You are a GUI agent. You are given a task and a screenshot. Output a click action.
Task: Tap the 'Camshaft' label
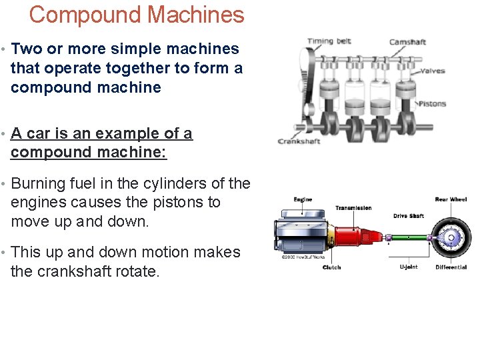[407, 43]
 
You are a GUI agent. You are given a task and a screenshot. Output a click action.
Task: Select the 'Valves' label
[432, 71]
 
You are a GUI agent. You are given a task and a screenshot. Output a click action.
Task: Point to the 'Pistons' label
[431, 103]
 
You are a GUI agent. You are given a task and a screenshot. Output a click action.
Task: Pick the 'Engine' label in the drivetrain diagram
[303, 199]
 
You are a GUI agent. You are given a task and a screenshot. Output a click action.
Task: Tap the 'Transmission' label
[353, 208]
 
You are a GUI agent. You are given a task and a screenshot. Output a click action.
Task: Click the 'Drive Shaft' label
[408, 216]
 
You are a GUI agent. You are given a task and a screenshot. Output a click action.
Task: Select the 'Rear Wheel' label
[451, 199]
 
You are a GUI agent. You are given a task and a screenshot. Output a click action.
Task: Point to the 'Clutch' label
[331, 267]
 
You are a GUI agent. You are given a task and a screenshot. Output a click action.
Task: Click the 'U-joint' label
[409, 267]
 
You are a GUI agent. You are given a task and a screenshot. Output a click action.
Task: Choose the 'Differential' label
[451, 267]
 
